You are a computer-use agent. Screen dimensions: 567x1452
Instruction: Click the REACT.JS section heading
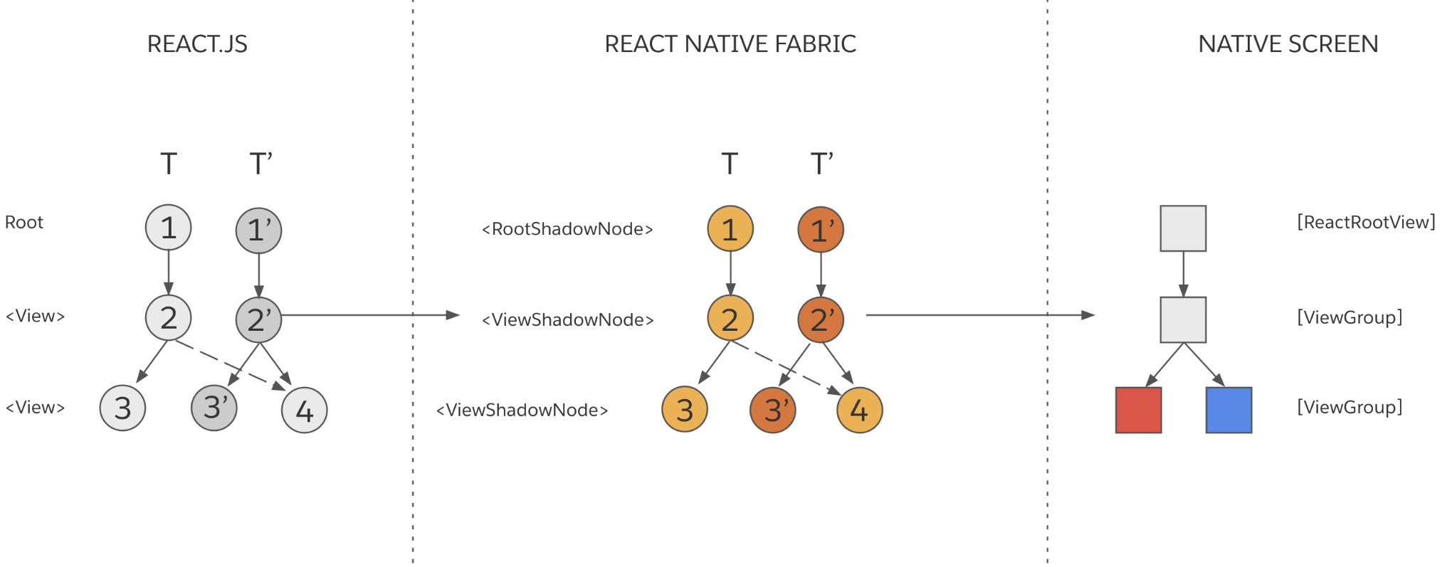(197, 44)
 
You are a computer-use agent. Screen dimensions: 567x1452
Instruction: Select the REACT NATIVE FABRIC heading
(730, 44)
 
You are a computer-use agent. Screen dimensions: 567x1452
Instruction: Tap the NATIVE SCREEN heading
(1288, 44)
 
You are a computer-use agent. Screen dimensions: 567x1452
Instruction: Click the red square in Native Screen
(1138, 410)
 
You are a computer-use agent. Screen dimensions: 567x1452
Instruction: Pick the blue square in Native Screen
(1229, 410)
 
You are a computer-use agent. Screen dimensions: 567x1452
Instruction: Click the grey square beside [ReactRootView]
(1183, 228)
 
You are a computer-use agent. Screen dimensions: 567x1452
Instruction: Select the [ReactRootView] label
(1366, 222)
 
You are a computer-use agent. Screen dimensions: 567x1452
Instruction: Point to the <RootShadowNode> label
(567, 229)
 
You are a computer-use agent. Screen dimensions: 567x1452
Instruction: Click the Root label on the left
(24, 223)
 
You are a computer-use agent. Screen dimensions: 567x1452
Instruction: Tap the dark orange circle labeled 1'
(821, 229)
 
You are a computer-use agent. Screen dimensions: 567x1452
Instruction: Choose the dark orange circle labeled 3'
(773, 410)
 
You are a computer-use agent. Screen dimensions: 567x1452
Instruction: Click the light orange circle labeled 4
(859, 410)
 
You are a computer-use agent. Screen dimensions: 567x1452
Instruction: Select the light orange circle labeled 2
(730, 319)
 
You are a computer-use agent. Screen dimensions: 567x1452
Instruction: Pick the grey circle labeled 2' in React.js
(258, 319)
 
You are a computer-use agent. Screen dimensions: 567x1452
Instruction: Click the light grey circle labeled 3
(122, 408)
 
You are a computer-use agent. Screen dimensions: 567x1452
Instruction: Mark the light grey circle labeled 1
(168, 228)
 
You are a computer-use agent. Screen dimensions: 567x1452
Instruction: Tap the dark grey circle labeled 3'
(214, 408)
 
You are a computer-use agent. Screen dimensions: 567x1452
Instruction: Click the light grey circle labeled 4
(304, 410)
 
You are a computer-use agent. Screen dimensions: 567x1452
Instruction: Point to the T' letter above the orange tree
(821, 164)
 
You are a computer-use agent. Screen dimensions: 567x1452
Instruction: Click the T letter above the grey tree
(168, 164)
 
